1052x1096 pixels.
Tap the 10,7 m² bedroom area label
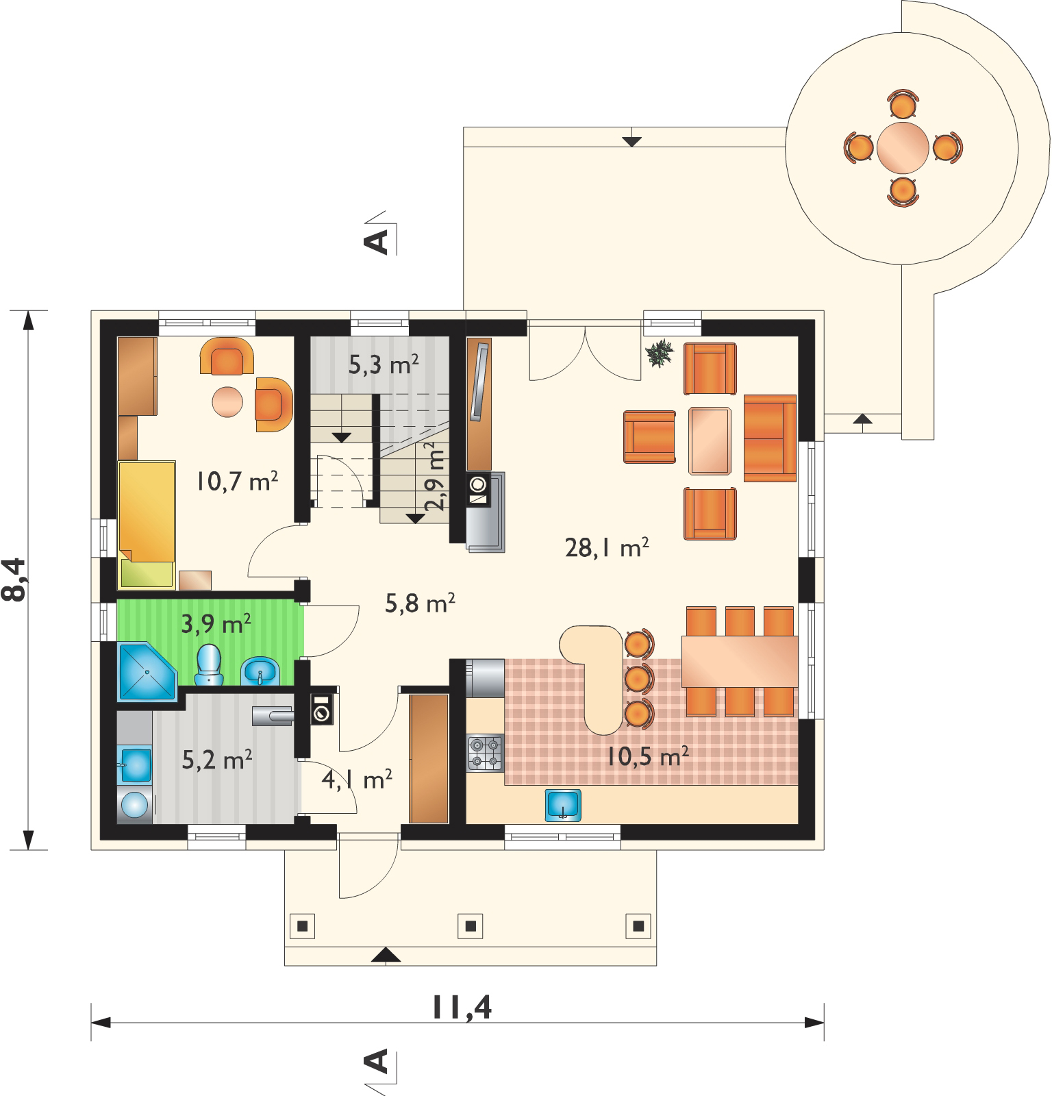tap(236, 481)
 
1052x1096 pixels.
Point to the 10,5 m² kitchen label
tap(647, 756)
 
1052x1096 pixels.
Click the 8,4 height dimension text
tap(15, 580)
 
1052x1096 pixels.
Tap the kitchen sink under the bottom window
tap(563, 804)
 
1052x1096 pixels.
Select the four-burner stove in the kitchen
tap(485, 751)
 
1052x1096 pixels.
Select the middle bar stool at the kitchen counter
tap(638, 677)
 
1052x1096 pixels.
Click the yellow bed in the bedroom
tap(147, 525)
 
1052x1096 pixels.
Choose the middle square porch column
tap(471, 925)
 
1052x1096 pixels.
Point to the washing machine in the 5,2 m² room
tap(134, 805)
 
